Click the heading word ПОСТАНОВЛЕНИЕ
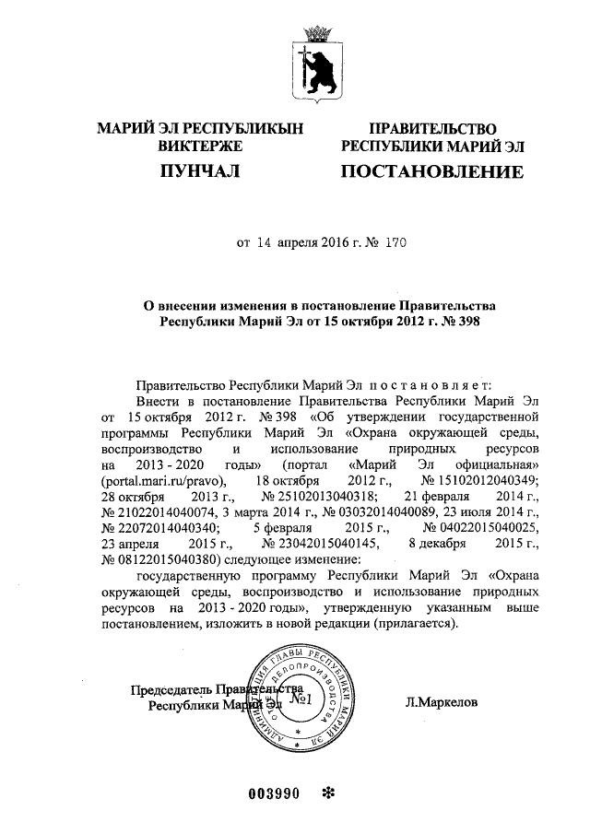tap(431, 172)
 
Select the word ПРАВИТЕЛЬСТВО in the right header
tap(432, 129)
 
